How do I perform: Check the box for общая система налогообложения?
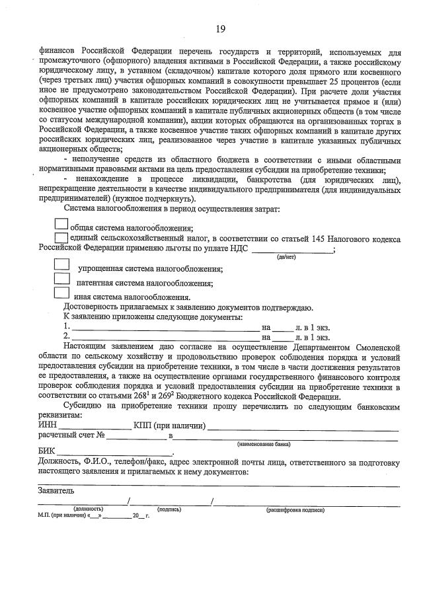coord(61,227)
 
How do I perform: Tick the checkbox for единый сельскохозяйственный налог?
coord(61,238)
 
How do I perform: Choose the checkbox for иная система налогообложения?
coord(61,294)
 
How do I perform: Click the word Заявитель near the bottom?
coord(56,491)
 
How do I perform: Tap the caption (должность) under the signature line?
coord(88,509)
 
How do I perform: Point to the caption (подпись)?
coord(170,509)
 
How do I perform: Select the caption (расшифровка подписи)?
coord(295,509)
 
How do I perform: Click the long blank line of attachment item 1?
coord(165,328)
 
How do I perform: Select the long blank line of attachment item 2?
coord(165,338)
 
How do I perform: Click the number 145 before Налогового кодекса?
coord(307,239)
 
